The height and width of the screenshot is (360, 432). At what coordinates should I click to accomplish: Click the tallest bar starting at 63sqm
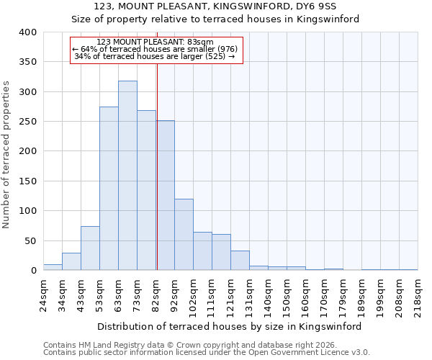pyautogui.click(x=127, y=176)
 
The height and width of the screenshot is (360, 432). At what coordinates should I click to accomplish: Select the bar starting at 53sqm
pyautogui.click(x=109, y=189)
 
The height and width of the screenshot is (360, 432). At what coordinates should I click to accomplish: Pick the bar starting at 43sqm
pyautogui.click(x=90, y=248)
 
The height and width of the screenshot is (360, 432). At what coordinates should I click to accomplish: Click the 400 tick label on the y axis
pyautogui.click(x=27, y=32)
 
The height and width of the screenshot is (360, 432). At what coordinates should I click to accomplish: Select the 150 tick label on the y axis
pyautogui.click(x=27, y=181)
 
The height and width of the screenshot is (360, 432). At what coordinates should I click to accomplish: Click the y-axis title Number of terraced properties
pyautogui.click(x=7, y=155)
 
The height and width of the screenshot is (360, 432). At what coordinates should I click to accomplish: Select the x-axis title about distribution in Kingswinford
pyautogui.click(x=230, y=326)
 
